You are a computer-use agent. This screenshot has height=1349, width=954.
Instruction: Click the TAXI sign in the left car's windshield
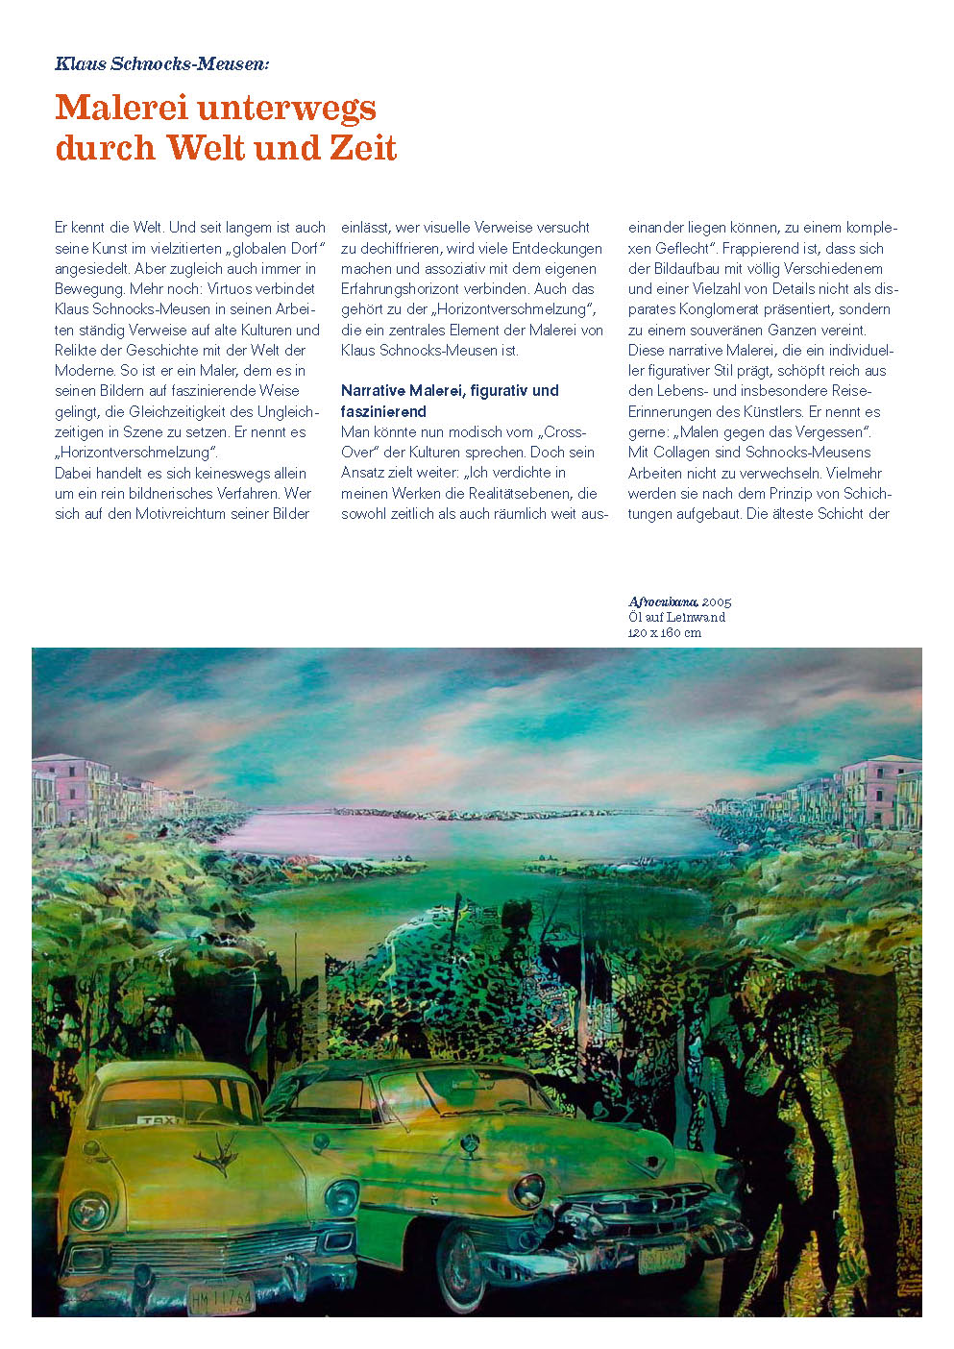click(158, 1119)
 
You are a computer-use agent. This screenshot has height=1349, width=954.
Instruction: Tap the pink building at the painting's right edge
click(882, 783)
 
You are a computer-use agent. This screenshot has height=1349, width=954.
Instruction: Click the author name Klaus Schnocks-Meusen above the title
click(162, 64)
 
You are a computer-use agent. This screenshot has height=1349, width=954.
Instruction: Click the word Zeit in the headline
click(356, 148)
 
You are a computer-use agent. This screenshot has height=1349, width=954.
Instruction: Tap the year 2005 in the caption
click(717, 601)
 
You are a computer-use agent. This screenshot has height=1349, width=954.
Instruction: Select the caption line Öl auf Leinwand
click(677, 617)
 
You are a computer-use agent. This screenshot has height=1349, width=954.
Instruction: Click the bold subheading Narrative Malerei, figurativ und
click(450, 390)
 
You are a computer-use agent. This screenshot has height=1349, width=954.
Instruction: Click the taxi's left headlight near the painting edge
click(89, 1210)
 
